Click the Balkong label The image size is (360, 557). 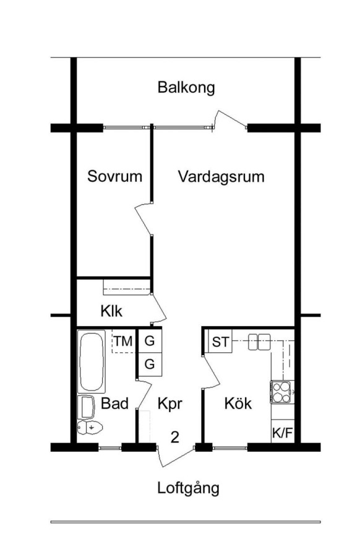tap(186, 87)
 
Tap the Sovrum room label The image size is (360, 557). tap(114, 176)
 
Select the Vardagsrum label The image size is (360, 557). tap(221, 176)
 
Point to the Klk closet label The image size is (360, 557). tap(111, 311)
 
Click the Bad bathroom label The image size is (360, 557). tap(114, 404)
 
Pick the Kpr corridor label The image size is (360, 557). tap(169, 404)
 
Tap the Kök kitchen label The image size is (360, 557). tap(238, 403)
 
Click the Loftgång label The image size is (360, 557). tap(188, 488)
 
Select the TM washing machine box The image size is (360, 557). tap(123, 341)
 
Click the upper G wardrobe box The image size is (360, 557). tap(150, 341)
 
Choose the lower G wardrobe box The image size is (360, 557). tap(150, 365)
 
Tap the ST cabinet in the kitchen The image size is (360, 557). tap(220, 342)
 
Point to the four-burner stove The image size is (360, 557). tap(282, 392)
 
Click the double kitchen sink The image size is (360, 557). tap(259, 342)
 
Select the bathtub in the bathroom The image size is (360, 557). tap(92, 361)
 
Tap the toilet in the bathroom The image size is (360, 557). tap(90, 427)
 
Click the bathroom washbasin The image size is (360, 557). tap(86, 407)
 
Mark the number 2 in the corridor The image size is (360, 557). tap(174, 438)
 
